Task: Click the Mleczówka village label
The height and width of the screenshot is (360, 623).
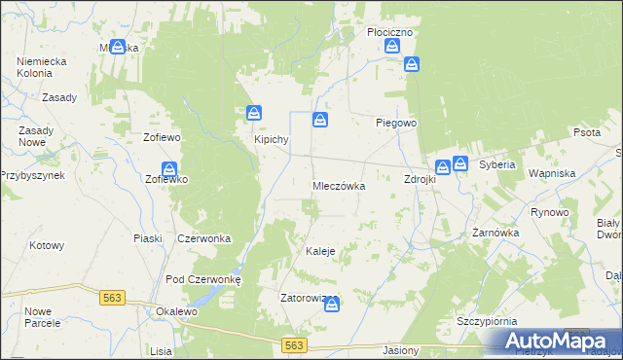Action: pos(339,186)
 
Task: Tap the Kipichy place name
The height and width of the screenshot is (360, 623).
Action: pos(272,139)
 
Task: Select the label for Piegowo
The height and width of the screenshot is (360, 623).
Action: pos(397,124)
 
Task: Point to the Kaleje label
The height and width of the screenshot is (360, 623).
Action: pos(320,251)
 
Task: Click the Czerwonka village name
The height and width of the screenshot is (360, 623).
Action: pos(203,238)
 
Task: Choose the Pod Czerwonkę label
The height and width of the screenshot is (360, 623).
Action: pos(209,278)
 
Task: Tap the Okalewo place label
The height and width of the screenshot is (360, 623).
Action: pos(176,311)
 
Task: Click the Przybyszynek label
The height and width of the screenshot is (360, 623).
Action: pos(31,175)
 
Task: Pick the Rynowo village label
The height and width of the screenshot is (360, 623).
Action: pos(549,212)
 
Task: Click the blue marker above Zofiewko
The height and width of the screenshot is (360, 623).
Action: pos(169,167)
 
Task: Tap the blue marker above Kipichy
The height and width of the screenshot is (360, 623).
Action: pos(254,113)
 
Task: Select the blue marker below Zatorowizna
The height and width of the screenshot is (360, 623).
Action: pos(332,305)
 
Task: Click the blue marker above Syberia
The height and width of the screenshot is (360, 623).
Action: pos(460,164)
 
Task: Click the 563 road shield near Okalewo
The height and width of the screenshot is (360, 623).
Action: pos(113,298)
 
